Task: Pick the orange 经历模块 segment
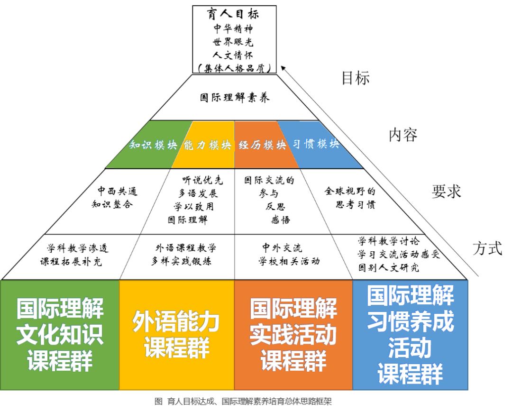click(x=262, y=145)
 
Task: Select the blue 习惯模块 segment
click(x=316, y=145)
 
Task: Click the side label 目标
click(x=356, y=78)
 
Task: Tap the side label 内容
click(x=403, y=135)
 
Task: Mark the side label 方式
click(x=487, y=248)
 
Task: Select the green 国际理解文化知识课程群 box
click(x=60, y=335)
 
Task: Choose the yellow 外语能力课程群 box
click(x=176, y=335)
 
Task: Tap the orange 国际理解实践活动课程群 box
click(x=293, y=335)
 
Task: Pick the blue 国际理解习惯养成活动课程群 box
click(x=410, y=335)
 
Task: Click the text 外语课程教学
click(x=186, y=248)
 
